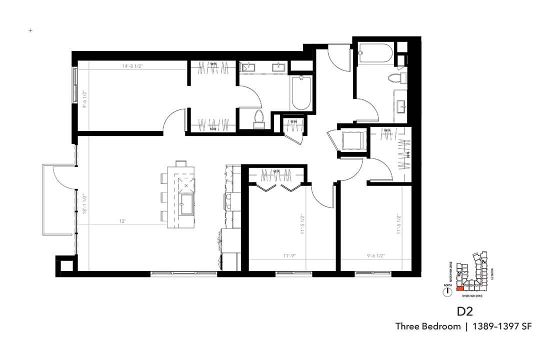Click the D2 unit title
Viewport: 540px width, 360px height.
464,311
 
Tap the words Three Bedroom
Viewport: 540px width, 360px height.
427,326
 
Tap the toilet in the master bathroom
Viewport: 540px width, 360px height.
259,118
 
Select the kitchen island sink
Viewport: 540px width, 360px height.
186,204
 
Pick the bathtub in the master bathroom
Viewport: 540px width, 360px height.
301,93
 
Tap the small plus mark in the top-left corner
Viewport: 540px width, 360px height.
30,30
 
